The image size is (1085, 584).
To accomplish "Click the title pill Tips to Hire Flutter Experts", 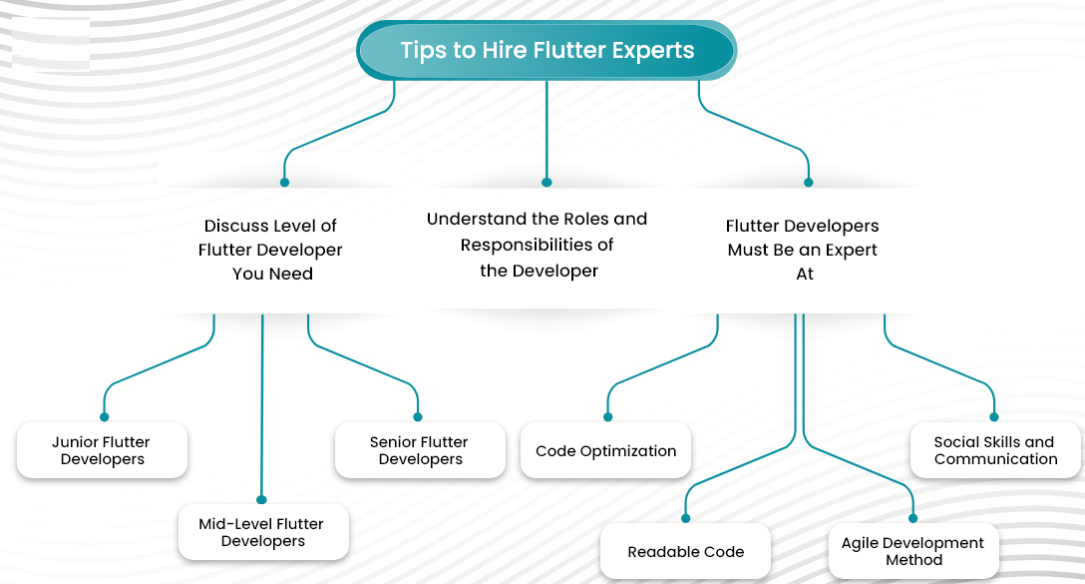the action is pyautogui.click(x=546, y=50).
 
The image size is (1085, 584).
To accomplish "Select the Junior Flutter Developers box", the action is pyautogui.click(x=103, y=450).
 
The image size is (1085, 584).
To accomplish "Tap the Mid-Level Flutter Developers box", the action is pyautogui.click(x=263, y=532).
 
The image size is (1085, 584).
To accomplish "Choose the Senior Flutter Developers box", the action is pyautogui.click(x=420, y=450).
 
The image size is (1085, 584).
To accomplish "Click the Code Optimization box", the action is pyautogui.click(x=605, y=450).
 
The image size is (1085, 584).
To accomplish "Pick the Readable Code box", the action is pyautogui.click(x=686, y=551).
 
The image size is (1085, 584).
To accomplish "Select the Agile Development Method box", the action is pyautogui.click(x=913, y=551).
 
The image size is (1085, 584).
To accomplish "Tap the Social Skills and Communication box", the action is pyautogui.click(x=995, y=450).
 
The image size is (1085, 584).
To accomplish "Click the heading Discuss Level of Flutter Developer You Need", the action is pyautogui.click(x=270, y=250).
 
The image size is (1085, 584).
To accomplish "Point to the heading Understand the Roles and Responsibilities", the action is pyautogui.click(x=537, y=245).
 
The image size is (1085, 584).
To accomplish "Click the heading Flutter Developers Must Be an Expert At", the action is pyautogui.click(x=803, y=250).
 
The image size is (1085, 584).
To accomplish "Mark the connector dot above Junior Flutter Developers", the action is pyautogui.click(x=105, y=417).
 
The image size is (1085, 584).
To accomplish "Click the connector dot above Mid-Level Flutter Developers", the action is pyautogui.click(x=261, y=499).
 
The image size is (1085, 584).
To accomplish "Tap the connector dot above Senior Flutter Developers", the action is pyautogui.click(x=418, y=417).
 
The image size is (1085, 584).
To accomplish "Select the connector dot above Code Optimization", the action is pyautogui.click(x=608, y=417).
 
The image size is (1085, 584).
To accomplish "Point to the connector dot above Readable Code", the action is pyautogui.click(x=686, y=518).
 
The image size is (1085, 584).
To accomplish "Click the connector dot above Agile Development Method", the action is pyautogui.click(x=913, y=518).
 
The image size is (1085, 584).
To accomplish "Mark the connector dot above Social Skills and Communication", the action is pyautogui.click(x=994, y=417).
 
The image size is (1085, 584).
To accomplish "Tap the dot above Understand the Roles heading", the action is pyautogui.click(x=546, y=183).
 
